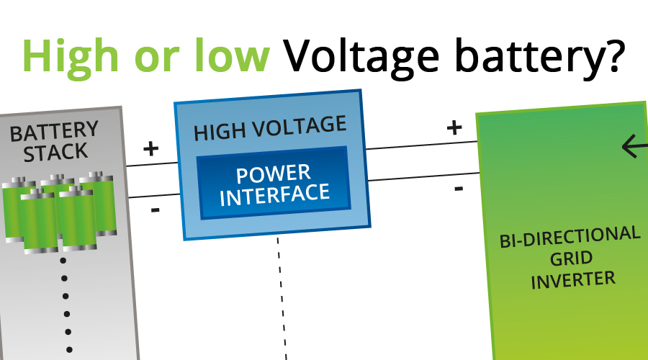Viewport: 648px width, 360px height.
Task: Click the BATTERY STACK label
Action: click(55, 141)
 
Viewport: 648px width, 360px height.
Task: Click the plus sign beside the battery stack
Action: click(150, 149)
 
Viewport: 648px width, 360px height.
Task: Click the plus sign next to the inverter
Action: click(454, 127)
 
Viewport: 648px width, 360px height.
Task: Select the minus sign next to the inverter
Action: click(459, 189)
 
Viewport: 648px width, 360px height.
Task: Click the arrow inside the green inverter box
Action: click(634, 147)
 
